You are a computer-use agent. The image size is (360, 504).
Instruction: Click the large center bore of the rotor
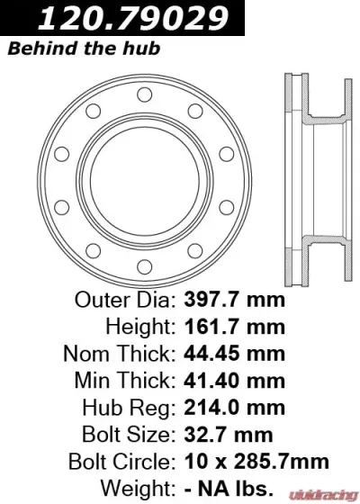coord(144,168)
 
